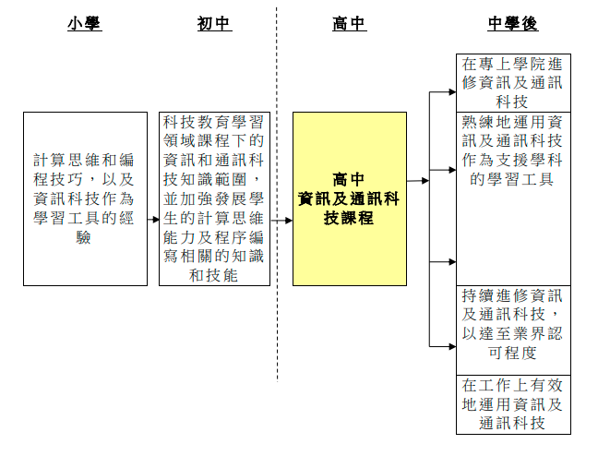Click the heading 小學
click(84, 23)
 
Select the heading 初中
click(214, 23)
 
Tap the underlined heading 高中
click(349, 23)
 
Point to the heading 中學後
click(513, 23)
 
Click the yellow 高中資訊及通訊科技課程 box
click(350, 198)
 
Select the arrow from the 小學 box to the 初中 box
click(153, 220)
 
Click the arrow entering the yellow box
click(281, 221)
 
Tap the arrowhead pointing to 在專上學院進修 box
click(452, 92)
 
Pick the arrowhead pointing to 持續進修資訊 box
click(452, 346)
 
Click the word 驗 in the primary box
click(83, 237)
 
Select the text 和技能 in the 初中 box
click(213, 275)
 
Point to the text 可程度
click(513, 353)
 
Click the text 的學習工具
click(512, 179)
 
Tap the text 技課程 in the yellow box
click(349, 218)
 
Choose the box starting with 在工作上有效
click(513, 404)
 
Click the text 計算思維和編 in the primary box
click(84, 160)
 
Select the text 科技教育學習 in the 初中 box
click(213, 122)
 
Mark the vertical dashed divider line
click(277, 194)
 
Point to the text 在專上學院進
click(512, 64)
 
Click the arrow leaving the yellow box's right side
click(418, 181)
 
